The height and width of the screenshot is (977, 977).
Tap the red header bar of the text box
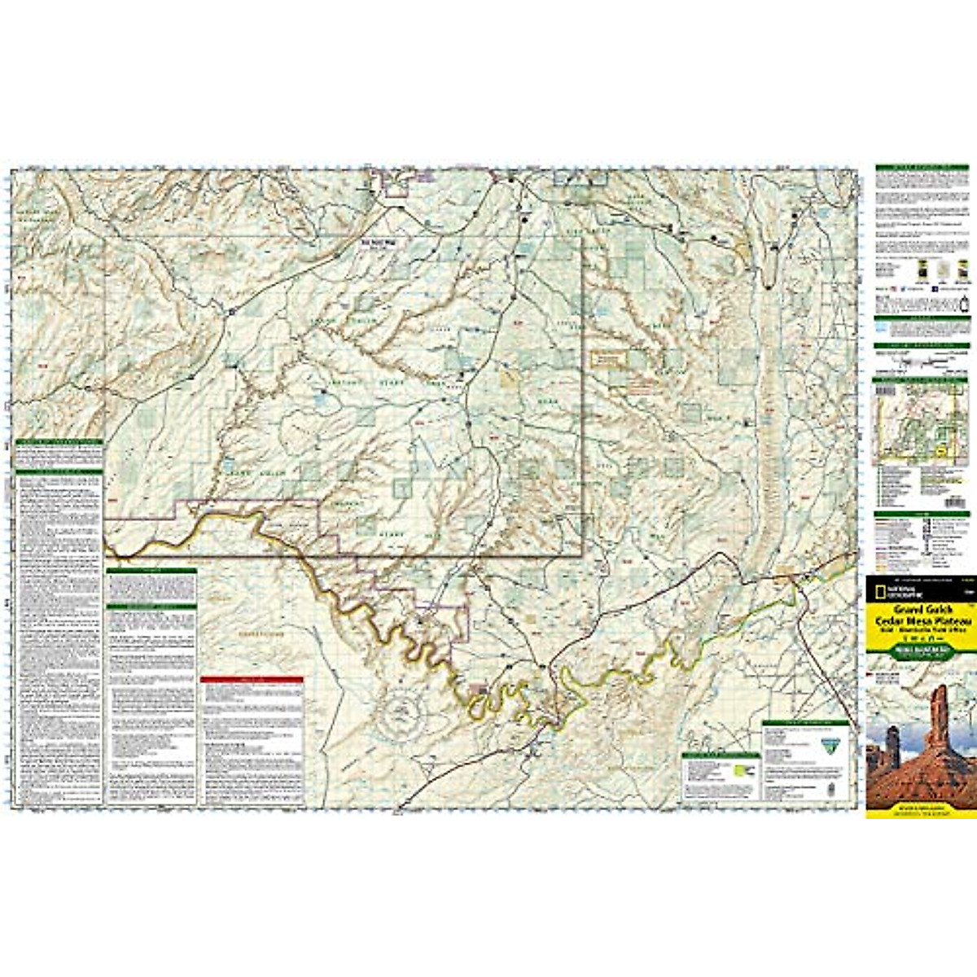tap(252, 680)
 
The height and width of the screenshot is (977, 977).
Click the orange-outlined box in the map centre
tap(611, 358)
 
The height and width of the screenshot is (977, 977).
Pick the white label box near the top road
tap(377, 243)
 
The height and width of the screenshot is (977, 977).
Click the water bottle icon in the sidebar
tap(966, 302)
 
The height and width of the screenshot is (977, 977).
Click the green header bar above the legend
tap(922, 515)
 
